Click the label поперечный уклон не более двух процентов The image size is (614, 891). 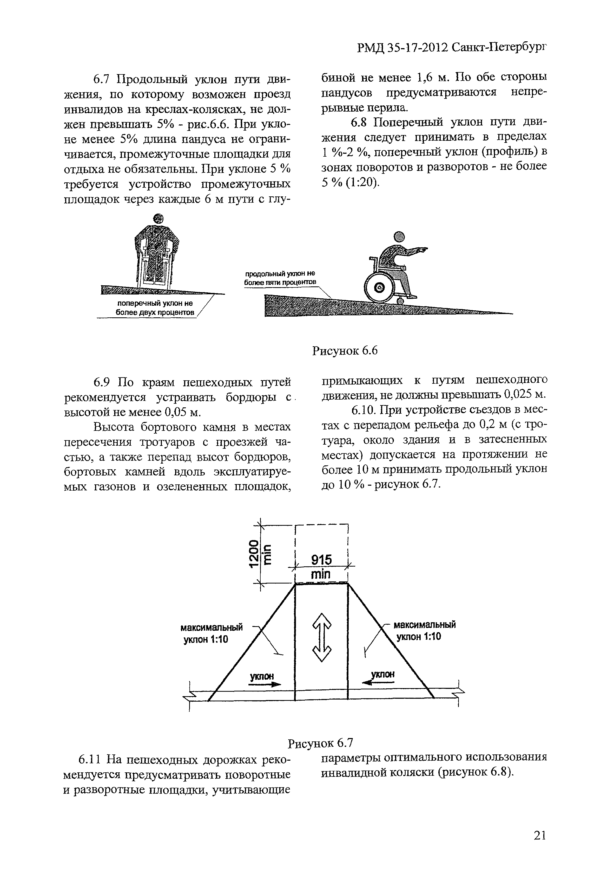[x=155, y=308]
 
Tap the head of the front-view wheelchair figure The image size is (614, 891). [x=158, y=219]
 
